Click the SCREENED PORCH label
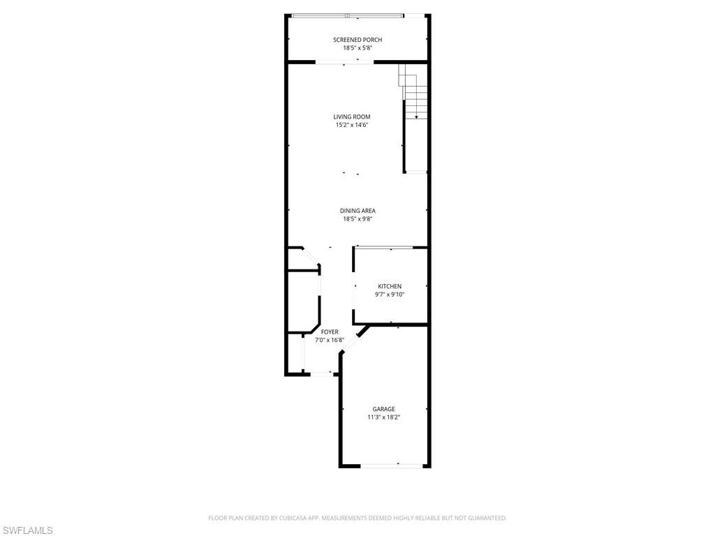point(357,40)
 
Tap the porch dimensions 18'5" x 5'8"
point(357,47)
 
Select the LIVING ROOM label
point(352,117)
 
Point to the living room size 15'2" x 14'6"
point(352,124)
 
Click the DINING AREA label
point(357,211)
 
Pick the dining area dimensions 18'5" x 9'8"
point(357,218)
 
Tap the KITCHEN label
point(390,286)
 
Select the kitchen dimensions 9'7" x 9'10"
point(390,295)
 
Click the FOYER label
point(330,332)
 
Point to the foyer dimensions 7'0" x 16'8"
point(330,340)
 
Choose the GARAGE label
point(383,409)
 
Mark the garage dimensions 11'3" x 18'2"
point(383,417)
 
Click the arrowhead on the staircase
point(416,117)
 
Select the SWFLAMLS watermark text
point(27,530)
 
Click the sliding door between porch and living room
point(344,62)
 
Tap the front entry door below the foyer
point(321,374)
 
